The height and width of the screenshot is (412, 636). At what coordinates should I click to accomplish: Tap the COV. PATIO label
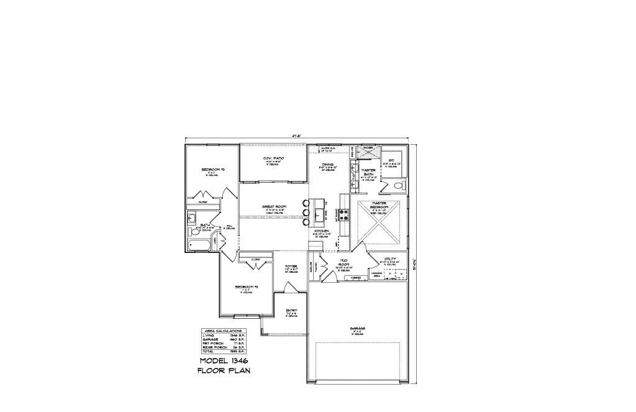274,158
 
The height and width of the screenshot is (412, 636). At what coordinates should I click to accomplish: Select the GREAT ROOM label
273,206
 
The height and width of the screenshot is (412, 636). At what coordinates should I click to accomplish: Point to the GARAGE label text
357,328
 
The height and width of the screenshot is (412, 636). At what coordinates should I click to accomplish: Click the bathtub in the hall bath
199,245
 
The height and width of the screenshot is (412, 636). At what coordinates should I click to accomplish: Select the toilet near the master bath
399,186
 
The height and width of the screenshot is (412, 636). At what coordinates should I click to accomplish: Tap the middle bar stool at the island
306,213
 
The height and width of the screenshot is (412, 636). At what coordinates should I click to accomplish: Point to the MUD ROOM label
343,263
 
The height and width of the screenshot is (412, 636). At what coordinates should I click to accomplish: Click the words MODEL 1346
224,361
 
